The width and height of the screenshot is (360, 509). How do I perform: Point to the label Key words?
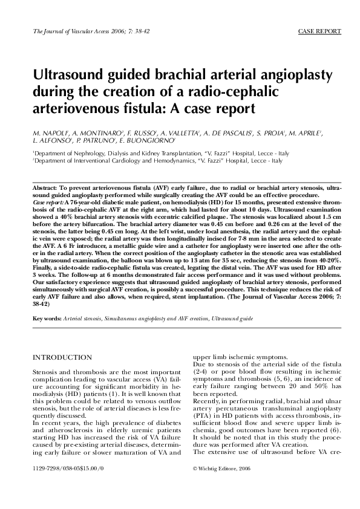click(47, 318)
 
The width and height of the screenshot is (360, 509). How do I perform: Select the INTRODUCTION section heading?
click(62, 358)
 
